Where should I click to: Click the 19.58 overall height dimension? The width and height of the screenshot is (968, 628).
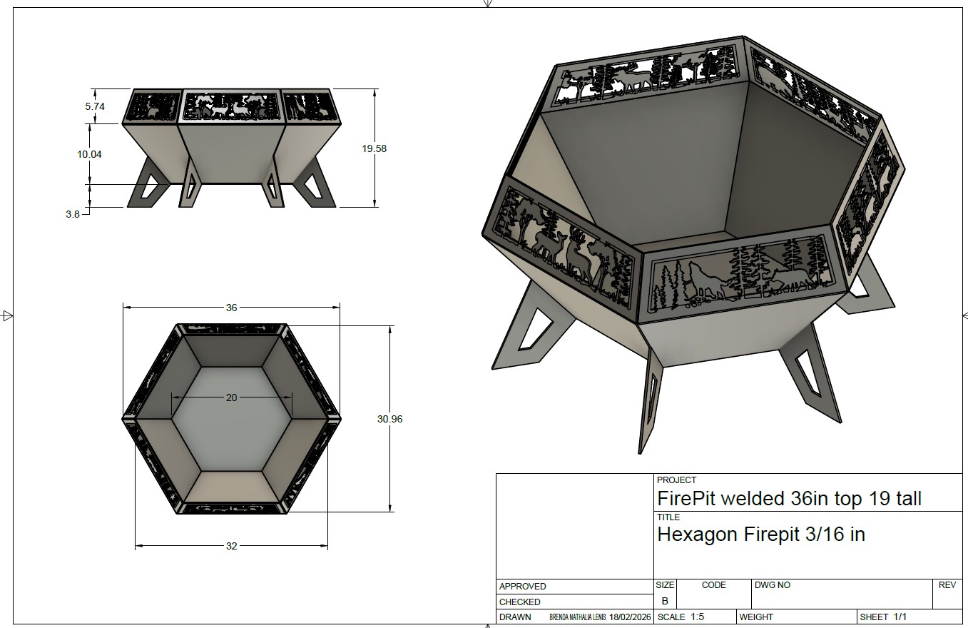375,148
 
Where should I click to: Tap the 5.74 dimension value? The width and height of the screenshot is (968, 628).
95,106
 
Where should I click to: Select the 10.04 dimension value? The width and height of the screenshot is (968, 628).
89,154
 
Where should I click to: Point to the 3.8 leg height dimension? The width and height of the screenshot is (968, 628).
73,214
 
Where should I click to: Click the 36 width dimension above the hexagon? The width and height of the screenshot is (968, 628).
232,308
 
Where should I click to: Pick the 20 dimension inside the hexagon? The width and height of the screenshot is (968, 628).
232,397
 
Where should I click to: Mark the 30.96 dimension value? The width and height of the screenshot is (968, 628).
389,419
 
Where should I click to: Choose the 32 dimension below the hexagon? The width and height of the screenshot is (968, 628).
232,546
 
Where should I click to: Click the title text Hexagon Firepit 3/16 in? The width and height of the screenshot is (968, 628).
761,535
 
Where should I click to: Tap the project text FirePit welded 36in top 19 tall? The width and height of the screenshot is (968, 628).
789,499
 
